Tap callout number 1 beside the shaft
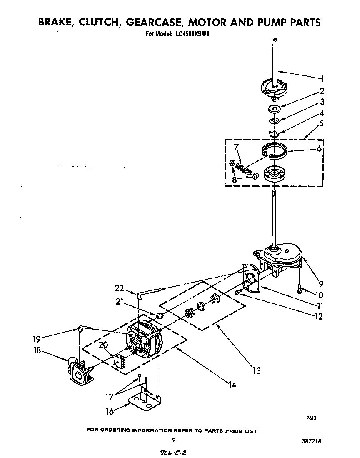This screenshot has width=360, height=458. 322,78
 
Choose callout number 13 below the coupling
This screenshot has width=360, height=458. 257,370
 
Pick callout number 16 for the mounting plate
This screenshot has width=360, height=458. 109,411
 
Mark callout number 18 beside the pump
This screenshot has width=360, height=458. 37,350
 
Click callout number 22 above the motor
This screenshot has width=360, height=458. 120,288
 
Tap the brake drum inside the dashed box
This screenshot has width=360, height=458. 273,174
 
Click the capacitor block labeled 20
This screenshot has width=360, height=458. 120,360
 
